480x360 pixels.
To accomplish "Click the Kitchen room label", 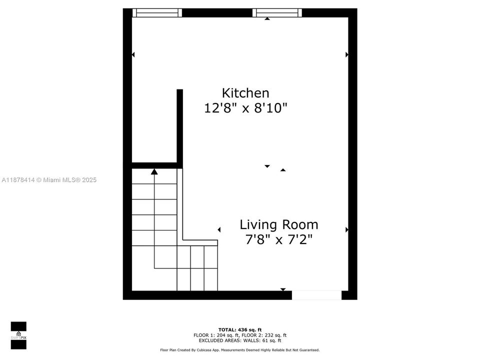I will point(245,93).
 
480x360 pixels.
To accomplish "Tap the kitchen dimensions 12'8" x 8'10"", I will point(245,108).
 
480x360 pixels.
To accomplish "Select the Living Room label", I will point(278,224).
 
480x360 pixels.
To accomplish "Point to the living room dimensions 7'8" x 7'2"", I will point(278,240).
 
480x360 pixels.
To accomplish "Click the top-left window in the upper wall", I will point(156,13).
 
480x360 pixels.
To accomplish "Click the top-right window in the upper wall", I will point(277,13).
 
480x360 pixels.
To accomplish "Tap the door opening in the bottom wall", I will point(316,295).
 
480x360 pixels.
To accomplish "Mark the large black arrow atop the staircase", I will point(154,171).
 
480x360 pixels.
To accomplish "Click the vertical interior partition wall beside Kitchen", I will point(179,125).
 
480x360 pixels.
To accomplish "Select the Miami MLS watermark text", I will point(49,180).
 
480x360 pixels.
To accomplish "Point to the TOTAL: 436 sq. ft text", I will point(240,329).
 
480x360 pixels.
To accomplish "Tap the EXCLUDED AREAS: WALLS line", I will point(240,340).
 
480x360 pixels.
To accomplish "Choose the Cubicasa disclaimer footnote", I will point(240,350).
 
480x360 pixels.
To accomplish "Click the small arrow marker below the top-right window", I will point(267,18).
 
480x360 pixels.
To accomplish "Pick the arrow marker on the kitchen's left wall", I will point(133,54).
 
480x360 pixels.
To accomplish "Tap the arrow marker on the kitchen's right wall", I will point(346,54).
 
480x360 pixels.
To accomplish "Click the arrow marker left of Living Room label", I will point(219,229).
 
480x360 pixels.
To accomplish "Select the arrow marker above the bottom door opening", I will point(283,289).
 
